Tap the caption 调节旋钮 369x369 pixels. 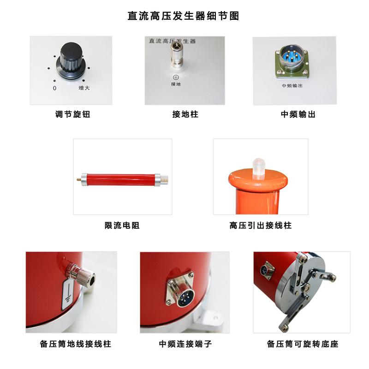tap(72, 114)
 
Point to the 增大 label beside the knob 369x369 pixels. tap(83, 88)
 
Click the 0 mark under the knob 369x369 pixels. tap(54, 88)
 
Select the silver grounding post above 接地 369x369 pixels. tap(175, 56)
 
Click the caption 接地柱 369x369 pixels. tap(185, 114)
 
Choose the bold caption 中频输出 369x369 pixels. tap(298, 114)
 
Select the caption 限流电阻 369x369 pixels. tap(122, 226)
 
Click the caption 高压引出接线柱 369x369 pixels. tap(260, 226)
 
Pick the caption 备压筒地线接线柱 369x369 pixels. tap(76, 344)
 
